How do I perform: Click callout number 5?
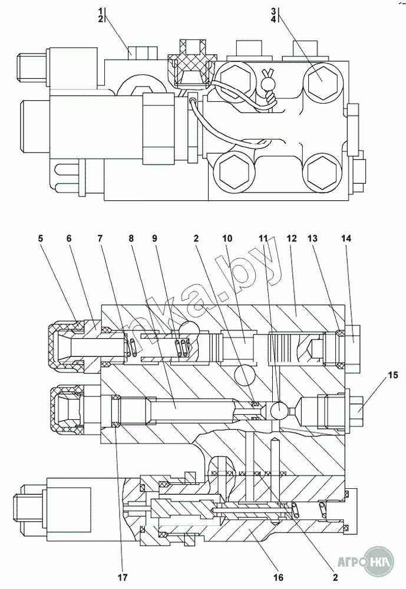click(x=41, y=239)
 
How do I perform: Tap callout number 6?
click(x=69, y=239)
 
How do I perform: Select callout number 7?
click(x=100, y=239)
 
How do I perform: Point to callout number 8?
click(x=131, y=239)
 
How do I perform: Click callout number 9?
click(x=154, y=239)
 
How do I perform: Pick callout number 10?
click(x=227, y=239)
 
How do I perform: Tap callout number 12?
click(x=292, y=239)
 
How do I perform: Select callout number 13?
click(x=313, y=239)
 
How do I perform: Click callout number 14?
click(x=346, y=239)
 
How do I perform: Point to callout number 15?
click(x=393, y=375)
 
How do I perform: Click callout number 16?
click(x=279, y=577)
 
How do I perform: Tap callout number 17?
click(x=123, y=577)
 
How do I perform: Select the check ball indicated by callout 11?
click(x=279, y=410)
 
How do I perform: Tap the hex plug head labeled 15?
click(x=357, y=409)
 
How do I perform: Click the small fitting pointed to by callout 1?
click(x=142, y=52)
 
